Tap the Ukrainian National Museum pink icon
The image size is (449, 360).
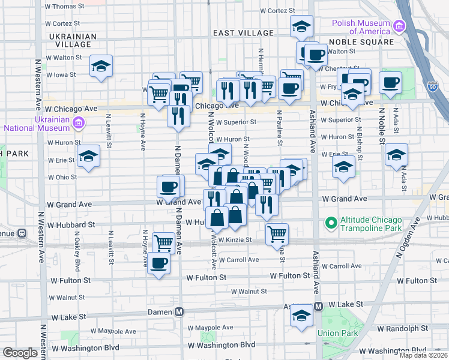point(77,124)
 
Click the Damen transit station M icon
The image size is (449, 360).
point(179,312)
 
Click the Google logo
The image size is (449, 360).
point(20,352)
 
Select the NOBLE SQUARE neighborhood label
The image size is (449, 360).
point(361,42)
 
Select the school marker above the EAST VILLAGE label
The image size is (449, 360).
point(301,25)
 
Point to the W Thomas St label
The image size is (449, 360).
point(65,7)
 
